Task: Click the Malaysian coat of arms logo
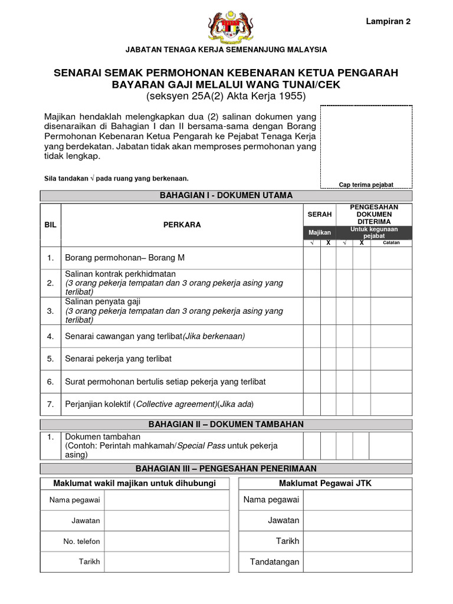226,28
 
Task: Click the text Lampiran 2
388,21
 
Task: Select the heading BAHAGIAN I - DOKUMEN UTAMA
226,195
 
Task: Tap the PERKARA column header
182,225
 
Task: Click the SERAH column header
320,214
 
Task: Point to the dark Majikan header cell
320,232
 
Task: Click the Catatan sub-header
391,242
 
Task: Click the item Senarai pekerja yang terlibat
118,359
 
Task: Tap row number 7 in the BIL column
51,404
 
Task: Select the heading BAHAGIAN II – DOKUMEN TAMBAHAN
226,424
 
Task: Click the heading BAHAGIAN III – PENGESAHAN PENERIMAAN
226,468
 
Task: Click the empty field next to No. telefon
166,541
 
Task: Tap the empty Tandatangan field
358,562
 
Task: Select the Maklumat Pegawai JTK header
325,484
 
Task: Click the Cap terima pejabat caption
366,185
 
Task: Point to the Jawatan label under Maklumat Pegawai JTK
283,520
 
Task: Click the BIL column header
51,225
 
